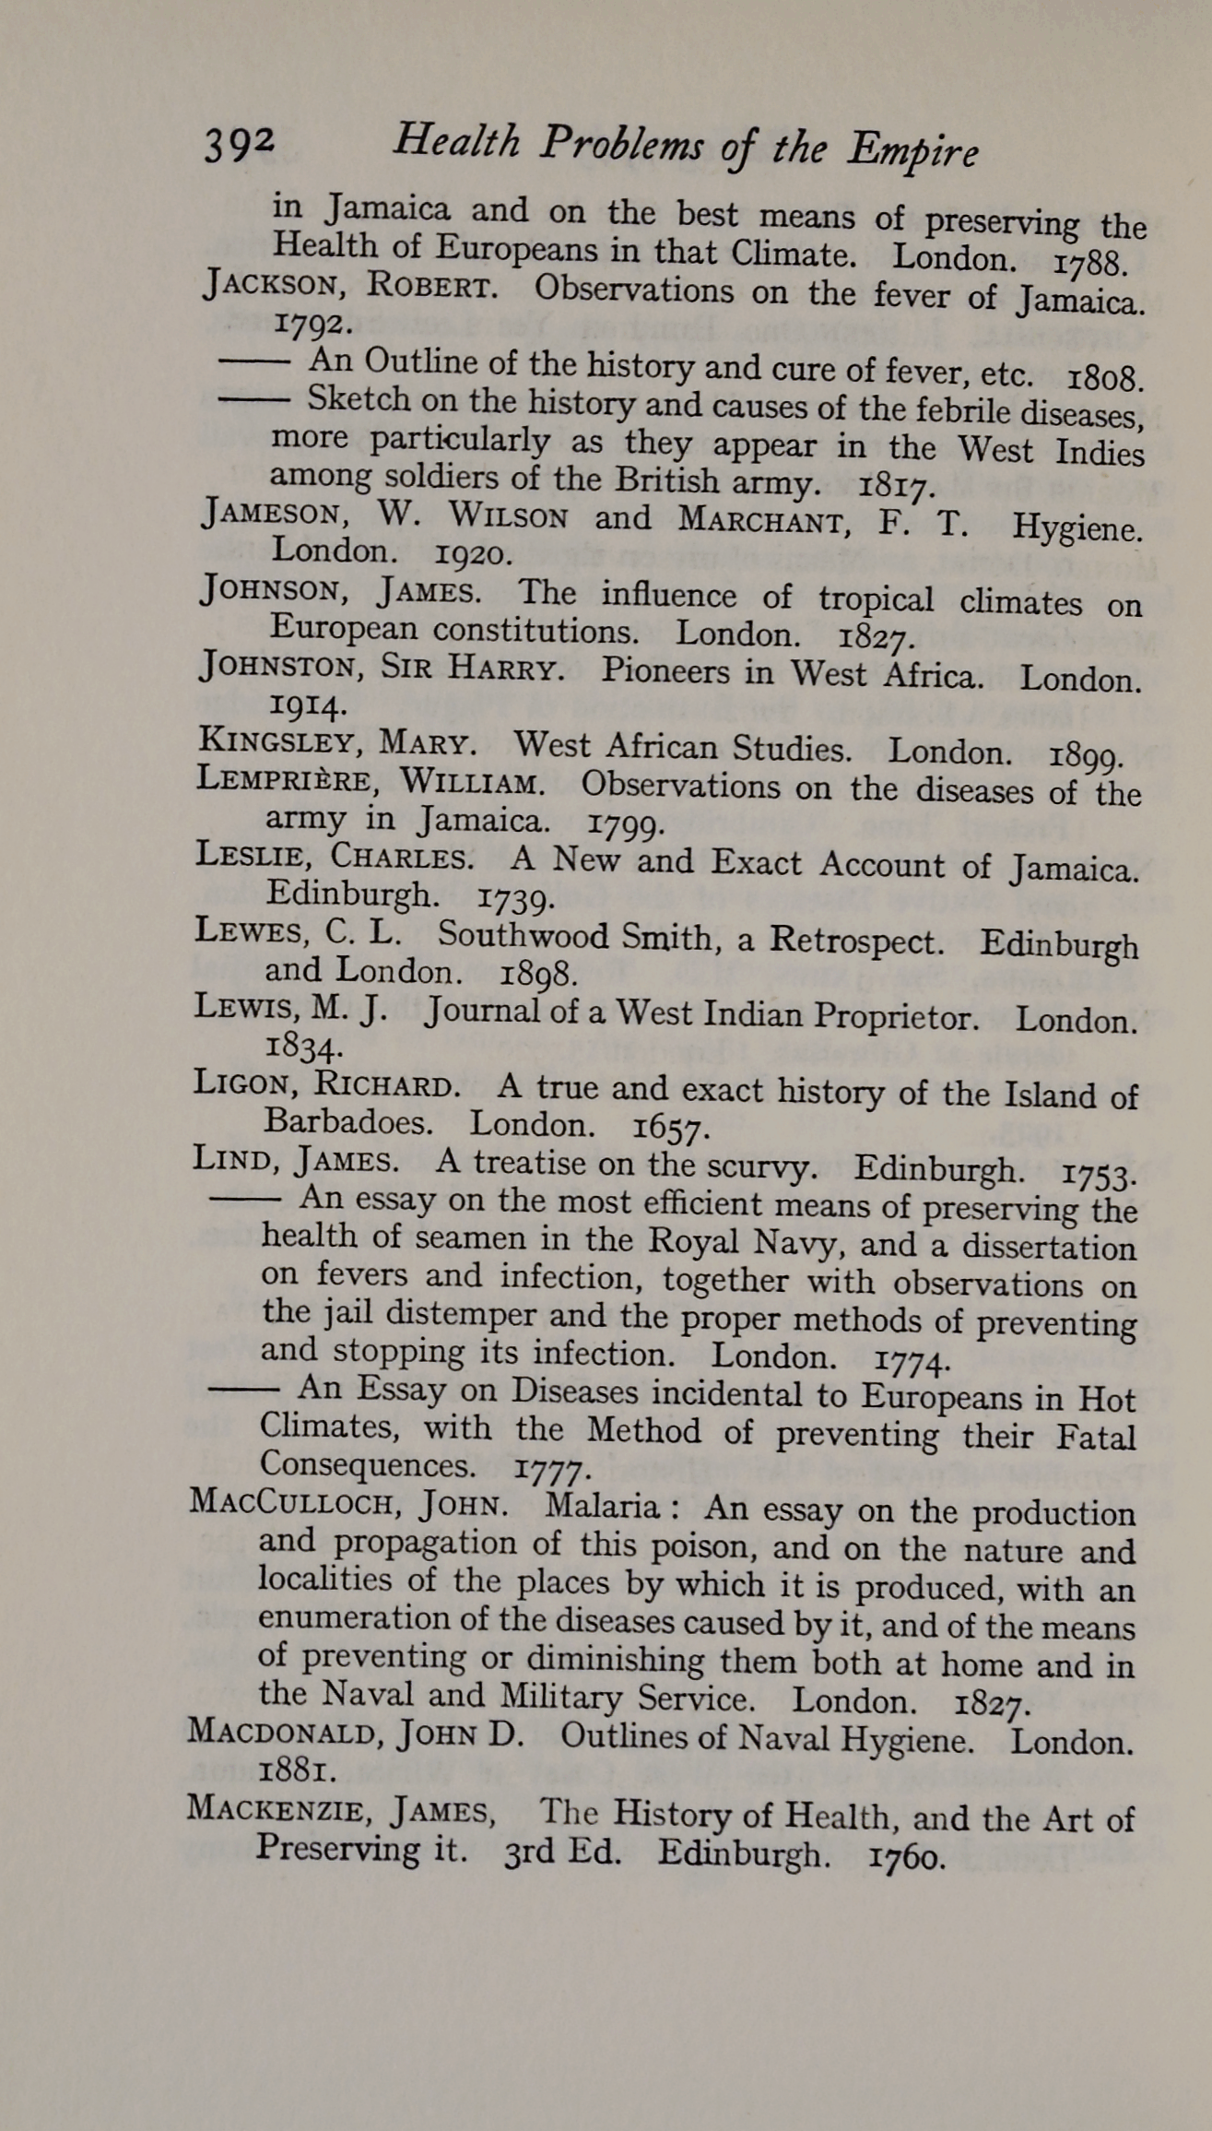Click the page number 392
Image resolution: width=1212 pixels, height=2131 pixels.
pos(239,145)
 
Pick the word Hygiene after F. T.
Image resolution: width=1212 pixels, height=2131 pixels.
pos(1077,527)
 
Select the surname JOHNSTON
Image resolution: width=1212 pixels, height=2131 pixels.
pos(277,666)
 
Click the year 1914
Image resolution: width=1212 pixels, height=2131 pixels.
pos(295,706)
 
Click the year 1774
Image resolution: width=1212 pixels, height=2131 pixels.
pos(910,1360)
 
